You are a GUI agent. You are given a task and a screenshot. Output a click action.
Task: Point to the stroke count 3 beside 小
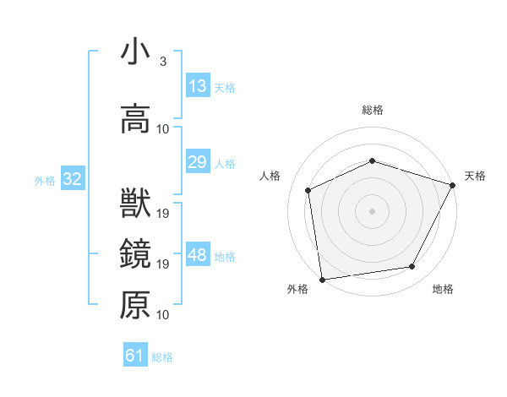[162, 62]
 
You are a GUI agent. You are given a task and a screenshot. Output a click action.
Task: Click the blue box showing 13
[198, 86]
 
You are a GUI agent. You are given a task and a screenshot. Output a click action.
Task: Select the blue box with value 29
[198, 162]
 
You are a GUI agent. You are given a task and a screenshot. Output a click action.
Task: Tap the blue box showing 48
[198, 255]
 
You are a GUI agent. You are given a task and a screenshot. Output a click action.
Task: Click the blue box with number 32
[72, 180]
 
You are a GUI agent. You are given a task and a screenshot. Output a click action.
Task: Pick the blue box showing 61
[135, 356]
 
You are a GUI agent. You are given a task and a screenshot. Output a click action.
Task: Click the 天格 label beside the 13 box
[225, 88]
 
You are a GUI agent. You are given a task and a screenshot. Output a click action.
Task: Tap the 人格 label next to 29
[225, 164]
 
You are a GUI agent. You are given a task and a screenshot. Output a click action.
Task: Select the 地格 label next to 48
[225, 257]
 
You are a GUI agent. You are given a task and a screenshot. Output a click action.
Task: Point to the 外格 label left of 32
[45, 181]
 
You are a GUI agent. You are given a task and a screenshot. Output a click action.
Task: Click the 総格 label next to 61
[162, 357]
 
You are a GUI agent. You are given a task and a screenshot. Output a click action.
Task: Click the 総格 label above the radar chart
[373, 110]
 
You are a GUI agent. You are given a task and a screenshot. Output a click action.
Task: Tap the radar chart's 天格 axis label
[475, 176]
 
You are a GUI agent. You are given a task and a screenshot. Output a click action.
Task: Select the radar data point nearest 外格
[322, 279]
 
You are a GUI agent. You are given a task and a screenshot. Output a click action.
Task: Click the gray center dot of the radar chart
[373, 210]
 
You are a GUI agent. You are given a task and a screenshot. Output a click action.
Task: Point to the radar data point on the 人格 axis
[308, 190]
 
